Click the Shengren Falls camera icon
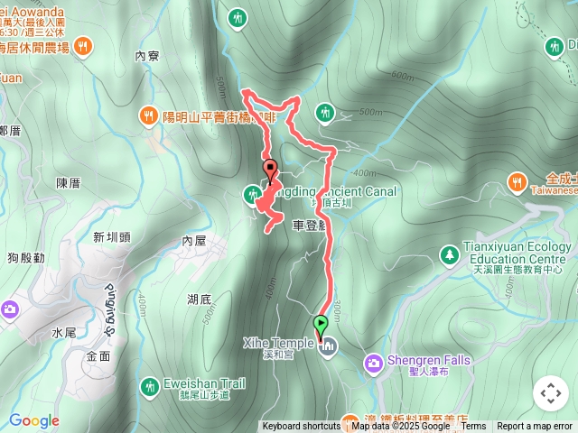pos(374,362)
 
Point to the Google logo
pos(33,420)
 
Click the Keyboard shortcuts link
pos(302,427)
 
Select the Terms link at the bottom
pos(473,427)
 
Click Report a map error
pos(534,427)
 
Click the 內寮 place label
pos(146,56)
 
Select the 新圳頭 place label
pos(111,237)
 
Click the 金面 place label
pos(98,355)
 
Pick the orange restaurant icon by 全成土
pos(517,180)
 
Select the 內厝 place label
pos(194,241)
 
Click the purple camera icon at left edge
pos(8,309)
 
